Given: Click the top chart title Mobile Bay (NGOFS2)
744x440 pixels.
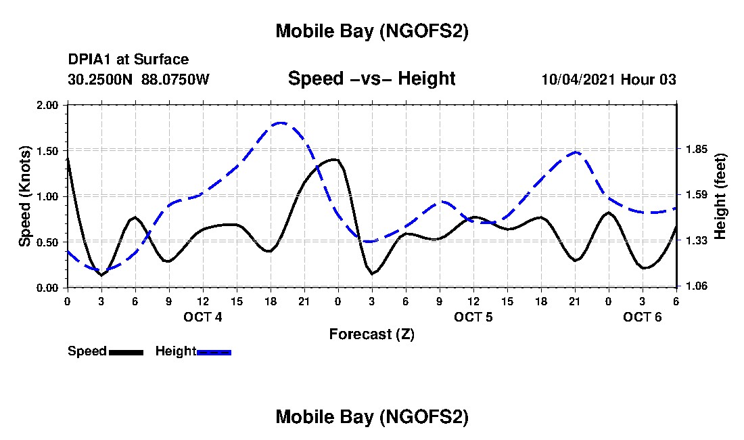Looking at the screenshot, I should pyautogui.click(x=372, y=32).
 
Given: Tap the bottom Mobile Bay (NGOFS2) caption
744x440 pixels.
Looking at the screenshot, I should pyautogui.click(x=372, y=418).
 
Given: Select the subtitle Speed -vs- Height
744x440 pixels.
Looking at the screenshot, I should pyautogui.click(x=372, y=79).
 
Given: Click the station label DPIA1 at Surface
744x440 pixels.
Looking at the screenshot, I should pyautogui.click(x=129, y=60).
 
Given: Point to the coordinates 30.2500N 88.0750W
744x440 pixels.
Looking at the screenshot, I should pyautogui.click(x=139, y=79).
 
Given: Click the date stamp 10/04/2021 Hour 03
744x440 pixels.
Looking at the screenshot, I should pyautogui.click(x=609, y=79).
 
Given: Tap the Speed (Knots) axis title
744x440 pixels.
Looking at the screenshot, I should pyautogui.click(x=25, y=196).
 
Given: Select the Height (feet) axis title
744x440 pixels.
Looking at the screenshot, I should pyautogui.click(x=720, y=196).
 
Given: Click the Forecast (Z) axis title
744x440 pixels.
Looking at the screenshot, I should pyautogui.click(x=372, y=334).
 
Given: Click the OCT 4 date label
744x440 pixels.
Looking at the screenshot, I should pyautogui.click(x=203, y=317).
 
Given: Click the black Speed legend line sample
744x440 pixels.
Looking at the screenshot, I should pyautogui.click(x=126, y=352).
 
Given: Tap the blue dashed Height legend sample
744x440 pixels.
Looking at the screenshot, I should pyautogui.click(x=214, y=352).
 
